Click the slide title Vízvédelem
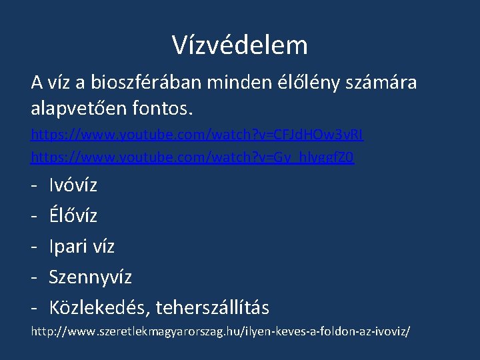point(240,45)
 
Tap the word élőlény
point(307,83)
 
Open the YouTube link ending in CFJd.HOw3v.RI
point(197,135)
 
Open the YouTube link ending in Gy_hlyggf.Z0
point(193,158)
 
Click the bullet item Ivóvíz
point(73,185)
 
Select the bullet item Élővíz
point(73,215)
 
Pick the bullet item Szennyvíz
point(91,277)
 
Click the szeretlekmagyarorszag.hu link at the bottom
point(221,331)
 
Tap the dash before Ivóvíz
point(34,185)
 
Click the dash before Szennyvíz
point(34,277)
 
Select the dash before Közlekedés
point(34,307)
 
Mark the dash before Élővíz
point(34,215)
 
